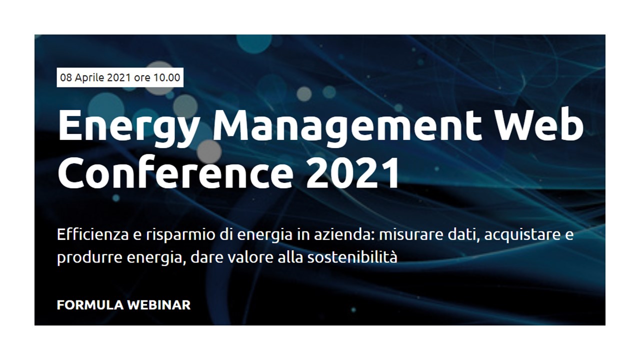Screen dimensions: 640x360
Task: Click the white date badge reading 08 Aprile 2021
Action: click(120, 77)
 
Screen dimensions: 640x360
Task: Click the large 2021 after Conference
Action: click(352, 172)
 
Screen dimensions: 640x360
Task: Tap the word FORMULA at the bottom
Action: click(90, 305)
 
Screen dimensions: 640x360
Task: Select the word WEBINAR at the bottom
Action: click(159, 305)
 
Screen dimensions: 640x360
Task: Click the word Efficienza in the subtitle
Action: click(93, 234)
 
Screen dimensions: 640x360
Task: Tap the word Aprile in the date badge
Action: click(89, 77)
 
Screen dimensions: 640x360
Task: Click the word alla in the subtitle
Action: click(290, 257)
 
